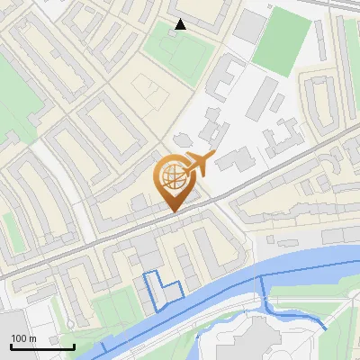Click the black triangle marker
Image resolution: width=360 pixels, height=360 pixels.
tap(181, 24)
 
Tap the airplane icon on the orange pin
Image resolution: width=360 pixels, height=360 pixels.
tap(197, 164)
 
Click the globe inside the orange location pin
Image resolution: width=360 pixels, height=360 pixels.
tap(171, 179)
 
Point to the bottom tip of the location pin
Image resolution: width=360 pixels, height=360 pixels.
tap(172, 212)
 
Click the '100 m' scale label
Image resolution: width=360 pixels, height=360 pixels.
tap(23, 338)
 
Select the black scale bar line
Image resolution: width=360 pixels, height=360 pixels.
tap(42, 346)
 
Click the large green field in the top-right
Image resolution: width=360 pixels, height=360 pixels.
tap(279, 40)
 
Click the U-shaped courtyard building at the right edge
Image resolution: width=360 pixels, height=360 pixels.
tap(324, 99)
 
